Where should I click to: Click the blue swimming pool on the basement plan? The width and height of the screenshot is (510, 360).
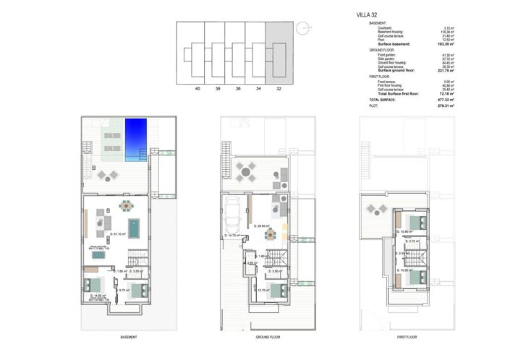(x=136, y=140)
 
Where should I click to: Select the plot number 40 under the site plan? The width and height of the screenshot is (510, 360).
(x=197, y=90)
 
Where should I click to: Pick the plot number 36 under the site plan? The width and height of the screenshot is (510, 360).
(x=237, y=90)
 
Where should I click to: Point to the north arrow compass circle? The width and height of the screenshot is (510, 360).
(x=307, y=28)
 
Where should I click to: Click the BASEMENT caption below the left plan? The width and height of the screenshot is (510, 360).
(x=128, y=337)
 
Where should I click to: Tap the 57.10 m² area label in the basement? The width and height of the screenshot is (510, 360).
(x=119, y=233)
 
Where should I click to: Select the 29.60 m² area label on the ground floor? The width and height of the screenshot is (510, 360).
(x=261, y=226)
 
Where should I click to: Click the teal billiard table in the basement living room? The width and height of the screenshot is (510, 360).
(x=133, y=228)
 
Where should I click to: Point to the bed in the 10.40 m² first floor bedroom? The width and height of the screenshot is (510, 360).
(x=415, y=222)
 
